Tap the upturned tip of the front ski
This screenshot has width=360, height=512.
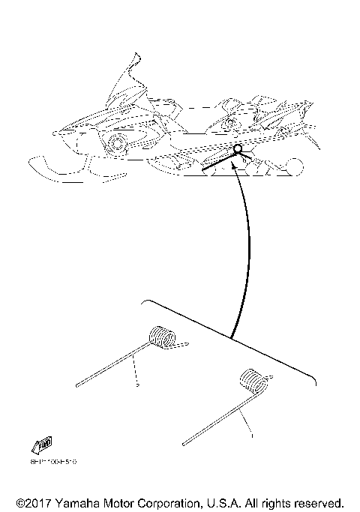coord(33,160)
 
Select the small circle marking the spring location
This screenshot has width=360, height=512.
coord(238,149)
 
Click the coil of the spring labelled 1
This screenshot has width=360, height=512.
coord(253,382)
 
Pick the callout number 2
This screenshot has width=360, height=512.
coord(137,385)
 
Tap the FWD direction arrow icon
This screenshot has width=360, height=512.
coord(42,447)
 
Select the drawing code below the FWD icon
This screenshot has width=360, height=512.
coord(53,462)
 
